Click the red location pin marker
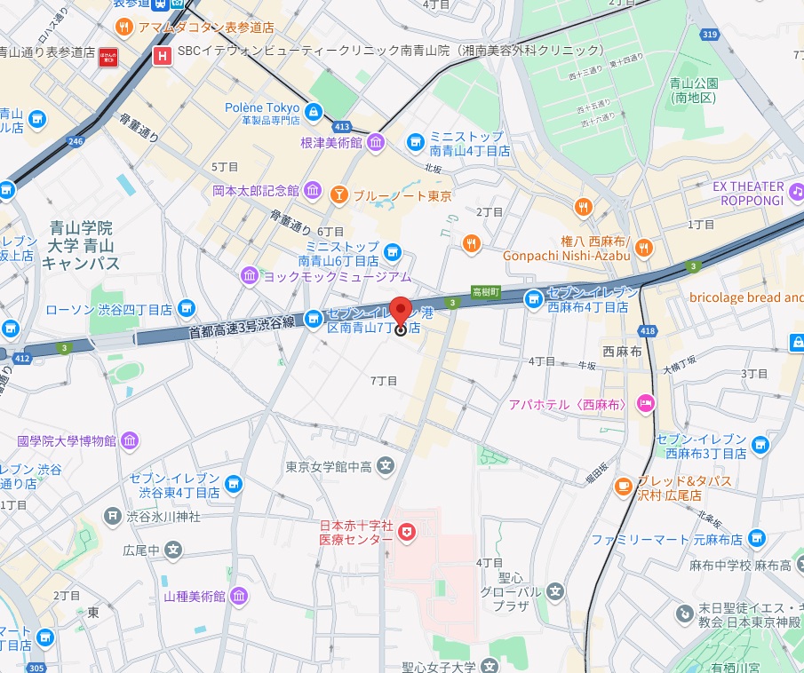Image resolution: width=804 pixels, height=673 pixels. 401,313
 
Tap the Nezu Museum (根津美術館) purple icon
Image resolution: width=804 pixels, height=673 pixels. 375,142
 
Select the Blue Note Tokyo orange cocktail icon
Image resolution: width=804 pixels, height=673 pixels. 338,194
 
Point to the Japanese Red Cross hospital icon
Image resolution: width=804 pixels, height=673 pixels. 407,532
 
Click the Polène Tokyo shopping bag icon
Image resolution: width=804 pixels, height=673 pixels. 313,111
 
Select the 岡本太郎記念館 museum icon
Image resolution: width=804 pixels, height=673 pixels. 313,190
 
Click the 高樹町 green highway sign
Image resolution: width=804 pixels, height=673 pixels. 486,291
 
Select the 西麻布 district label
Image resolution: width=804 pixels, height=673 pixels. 622,351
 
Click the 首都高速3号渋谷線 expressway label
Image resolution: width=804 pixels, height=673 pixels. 241,328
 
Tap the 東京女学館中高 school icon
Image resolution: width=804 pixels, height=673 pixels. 385,464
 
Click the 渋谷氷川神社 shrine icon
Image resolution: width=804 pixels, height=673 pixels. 113,516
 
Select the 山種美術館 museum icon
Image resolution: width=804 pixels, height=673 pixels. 238,596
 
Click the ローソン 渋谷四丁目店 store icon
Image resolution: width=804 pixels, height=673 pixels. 186,309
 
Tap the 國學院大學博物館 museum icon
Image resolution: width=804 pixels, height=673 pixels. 130,440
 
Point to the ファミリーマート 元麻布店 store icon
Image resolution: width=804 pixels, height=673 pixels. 756,538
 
